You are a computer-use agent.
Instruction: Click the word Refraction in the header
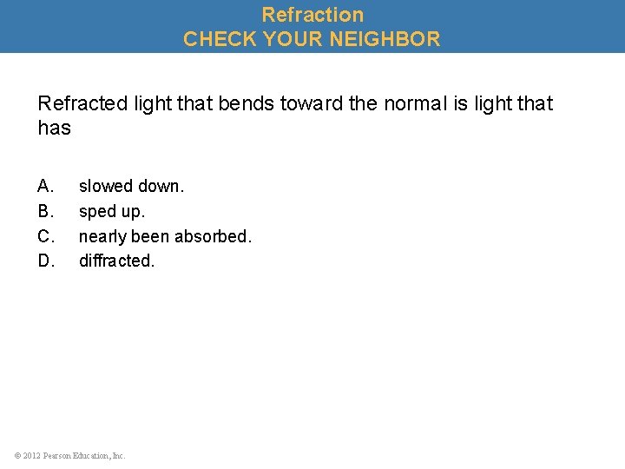click(312, 15)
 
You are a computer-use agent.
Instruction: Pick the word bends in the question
click(247, 104)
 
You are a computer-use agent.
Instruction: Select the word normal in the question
click(412, 104)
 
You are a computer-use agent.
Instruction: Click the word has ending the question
click(54, 129)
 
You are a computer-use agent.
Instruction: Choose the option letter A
click(45, 186)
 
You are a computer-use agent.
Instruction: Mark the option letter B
click(45, 211)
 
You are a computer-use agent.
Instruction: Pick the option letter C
click(45, 235)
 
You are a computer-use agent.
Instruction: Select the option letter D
click(45, 261)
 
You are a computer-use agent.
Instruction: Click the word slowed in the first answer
click(105, 186)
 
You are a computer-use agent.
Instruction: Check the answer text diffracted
click(116, 261)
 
